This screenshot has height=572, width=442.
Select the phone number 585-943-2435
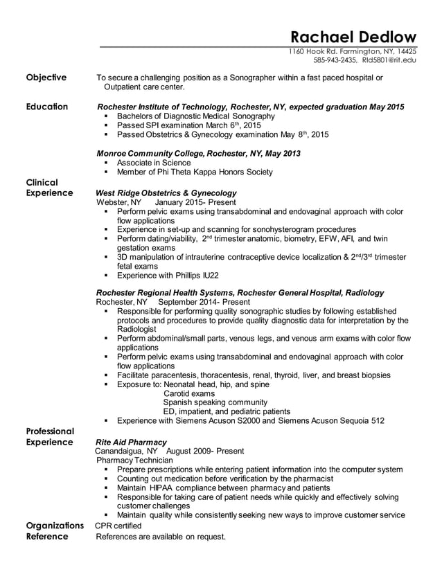click(332, 60)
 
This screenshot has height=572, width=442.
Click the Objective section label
click(46, 78)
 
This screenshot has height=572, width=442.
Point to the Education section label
click(47, 107)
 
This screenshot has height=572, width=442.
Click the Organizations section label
click(55, 526)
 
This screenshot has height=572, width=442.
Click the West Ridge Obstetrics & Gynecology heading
click(166, 193)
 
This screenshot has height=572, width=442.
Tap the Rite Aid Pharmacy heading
click(131, 442)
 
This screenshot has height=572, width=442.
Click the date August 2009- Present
click(206, 451)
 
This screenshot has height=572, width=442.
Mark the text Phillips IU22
click(200, 275)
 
